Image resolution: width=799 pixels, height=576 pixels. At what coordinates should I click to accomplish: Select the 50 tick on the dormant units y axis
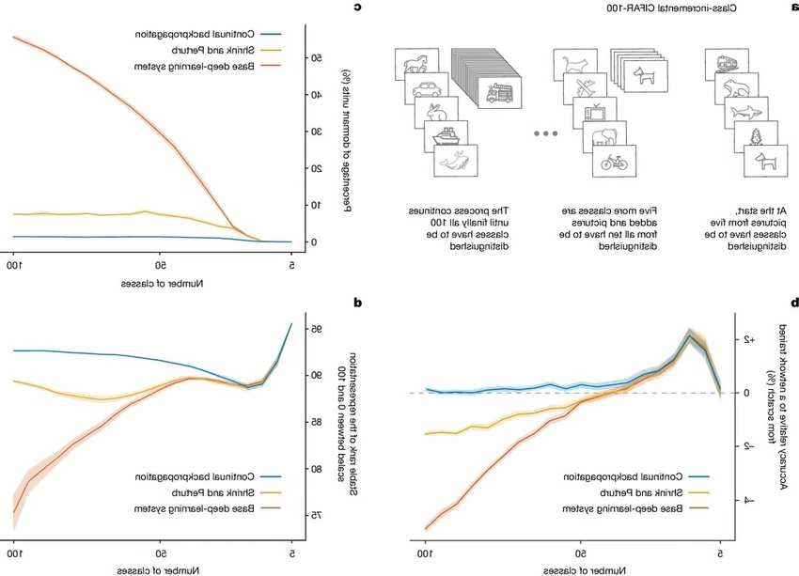pos(314,58)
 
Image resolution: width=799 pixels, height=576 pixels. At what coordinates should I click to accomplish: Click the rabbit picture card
pos(435,114)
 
